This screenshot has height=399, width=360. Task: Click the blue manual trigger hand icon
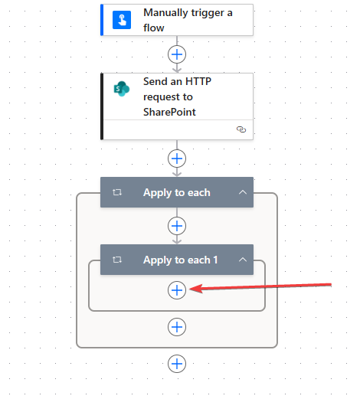pos(122,20)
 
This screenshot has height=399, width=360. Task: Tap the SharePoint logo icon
pos(122,89)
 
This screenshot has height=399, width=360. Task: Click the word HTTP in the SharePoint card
pos(198,81)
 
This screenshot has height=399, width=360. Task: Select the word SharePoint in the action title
pos(169,112)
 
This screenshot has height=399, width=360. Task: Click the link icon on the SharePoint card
pos(241,129)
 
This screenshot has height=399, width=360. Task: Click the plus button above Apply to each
pos(177,159)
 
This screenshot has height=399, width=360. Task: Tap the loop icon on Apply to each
pos(117,192)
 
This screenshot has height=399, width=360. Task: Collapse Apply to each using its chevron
pos(243,192)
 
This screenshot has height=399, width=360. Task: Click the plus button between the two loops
pos(177,226)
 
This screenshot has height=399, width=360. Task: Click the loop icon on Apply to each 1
pos(117,260)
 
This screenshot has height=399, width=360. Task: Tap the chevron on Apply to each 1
pos(243,260)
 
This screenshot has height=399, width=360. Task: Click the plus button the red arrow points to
pos(177,290)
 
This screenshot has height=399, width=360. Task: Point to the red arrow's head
pos(190,289)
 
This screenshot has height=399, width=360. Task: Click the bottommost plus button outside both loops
pos(177,364)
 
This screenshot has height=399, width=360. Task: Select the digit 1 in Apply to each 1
pos(215,260)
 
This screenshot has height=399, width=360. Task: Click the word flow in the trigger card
pos(154,28)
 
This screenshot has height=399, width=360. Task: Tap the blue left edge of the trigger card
pos(102,20)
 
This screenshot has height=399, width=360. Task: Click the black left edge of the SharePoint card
pos(102,106)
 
